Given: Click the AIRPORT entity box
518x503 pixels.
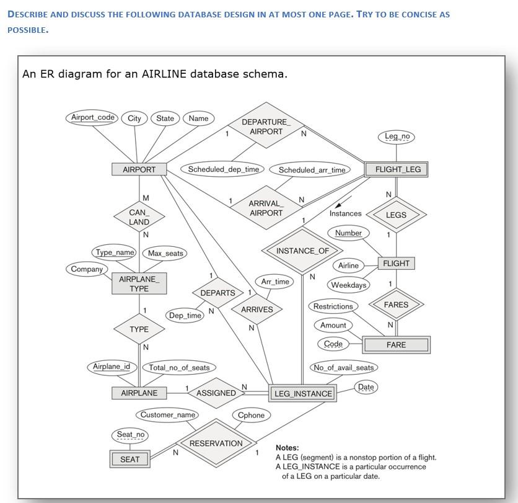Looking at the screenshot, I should tap(139, 169).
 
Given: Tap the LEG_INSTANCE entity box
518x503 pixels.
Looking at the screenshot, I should tap(303, 393).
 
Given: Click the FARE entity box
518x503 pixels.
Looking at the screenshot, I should tap(396, 345).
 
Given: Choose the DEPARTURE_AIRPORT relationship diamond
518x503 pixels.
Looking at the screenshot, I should tap(266, 127).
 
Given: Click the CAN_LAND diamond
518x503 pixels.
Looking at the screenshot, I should tap(139, 217).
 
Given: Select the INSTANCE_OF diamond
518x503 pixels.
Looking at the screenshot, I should tap(303, 251).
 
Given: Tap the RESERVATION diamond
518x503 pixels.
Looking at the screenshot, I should tap(216, 443).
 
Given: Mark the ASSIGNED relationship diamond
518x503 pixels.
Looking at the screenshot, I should tap(216, 393).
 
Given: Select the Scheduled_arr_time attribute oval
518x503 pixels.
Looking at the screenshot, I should tap(312, 170).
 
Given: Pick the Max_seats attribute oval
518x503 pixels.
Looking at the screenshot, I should tap(165, 253).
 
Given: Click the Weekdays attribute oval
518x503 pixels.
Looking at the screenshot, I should tap(348, 285).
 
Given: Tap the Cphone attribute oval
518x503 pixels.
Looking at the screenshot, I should tap(251, 416).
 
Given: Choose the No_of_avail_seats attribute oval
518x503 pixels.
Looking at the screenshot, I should tap(344, 368).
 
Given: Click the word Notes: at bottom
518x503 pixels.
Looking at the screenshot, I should tap(288, 448).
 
